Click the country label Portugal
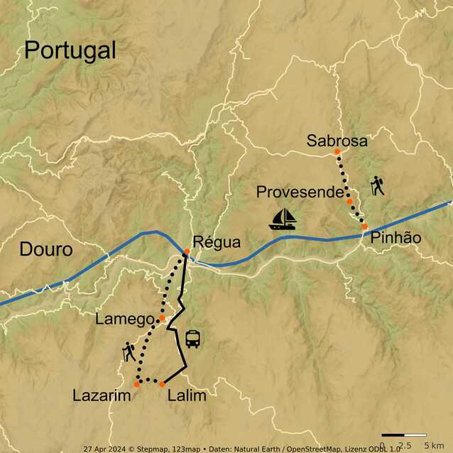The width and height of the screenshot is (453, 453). click(x=70, y=50)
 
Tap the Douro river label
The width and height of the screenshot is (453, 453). click(x=45, y=250)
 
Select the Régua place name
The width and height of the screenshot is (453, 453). click(x=212, y=242)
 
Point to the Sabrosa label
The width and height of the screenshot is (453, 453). click(x=337, y=141)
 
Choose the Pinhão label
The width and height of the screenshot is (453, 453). click(x=395, y=239)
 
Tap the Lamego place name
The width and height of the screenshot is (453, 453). click(x=124, y=320)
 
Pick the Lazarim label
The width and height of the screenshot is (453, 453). click(x=102, y=395)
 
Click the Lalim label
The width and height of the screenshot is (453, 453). click(x=187, y=395)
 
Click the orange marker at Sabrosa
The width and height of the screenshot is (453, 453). click(x=337, y=152)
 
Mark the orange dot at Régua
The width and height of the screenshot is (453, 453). click(x=187, y=251)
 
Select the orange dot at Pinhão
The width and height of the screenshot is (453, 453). click(x=365, y=226)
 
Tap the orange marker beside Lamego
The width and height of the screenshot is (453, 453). click(x=163, y=319)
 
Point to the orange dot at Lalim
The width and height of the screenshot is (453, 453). click(x=162, y=384)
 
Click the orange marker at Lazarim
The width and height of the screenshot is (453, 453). click(x=137, y=384)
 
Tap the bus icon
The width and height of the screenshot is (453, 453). click(x=192, y=339)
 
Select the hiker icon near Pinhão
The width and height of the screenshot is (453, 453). click(x=377, y=186)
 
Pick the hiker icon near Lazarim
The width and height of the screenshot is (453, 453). click(x=129, y=351)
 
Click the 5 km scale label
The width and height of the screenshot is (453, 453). click(x=433, y=445)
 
